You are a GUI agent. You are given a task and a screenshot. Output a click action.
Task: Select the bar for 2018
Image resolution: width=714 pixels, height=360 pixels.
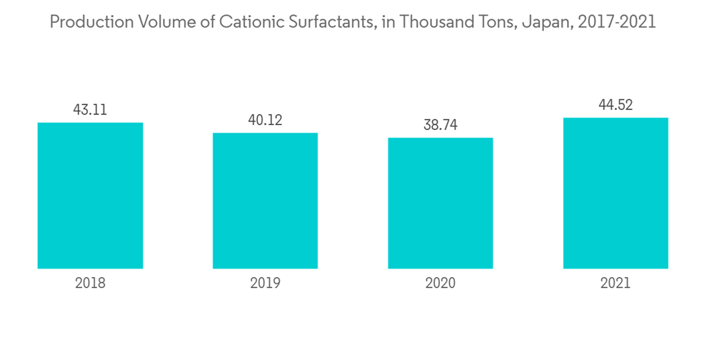pos(90,196)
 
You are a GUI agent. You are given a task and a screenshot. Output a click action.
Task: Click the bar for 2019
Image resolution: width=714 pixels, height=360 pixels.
pos(265,201)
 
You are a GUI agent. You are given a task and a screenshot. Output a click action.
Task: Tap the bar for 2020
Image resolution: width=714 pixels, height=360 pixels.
pos(441,203)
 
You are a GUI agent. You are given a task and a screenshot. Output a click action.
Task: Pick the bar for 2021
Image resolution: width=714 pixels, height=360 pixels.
pos(615,193)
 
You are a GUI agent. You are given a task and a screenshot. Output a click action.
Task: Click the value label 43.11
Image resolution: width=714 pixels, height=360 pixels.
pos(90,110)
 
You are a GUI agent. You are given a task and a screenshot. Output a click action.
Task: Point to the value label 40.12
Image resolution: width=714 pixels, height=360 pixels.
pos(265,120)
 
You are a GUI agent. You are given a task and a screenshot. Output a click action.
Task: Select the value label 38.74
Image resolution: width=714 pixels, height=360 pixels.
pos(441,125)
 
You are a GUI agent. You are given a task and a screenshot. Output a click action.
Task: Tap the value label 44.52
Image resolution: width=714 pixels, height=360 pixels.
pos(615,106)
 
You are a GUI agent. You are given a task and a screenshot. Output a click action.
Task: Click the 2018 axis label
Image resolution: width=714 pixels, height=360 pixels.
pos(90,283)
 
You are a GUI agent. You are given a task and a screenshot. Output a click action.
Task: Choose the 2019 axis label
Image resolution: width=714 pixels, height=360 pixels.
pos(265,283)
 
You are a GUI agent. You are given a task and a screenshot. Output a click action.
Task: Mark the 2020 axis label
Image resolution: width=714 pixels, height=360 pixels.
pos(441,283)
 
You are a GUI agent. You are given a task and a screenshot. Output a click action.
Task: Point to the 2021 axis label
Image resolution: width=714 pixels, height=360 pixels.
pos(615,283)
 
